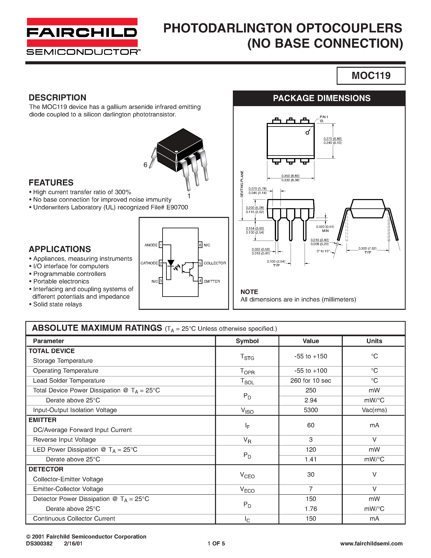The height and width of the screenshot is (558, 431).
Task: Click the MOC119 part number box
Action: pyautogui.click(x=371, y=76)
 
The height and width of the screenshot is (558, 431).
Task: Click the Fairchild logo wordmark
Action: pyautogui.click(x=82, y=32)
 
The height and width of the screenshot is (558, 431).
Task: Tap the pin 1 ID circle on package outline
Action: pyautogui.click(x=307, y=133)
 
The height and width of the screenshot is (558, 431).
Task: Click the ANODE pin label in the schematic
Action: pyautogui.click(x=151, y=245)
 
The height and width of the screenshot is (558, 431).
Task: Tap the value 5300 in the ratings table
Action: pyautogui.click(x=311, y=410)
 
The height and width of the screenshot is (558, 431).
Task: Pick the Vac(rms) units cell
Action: pyautogui.click(x=374, y=410)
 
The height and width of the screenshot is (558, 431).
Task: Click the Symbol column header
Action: pyautogui.click(x=247, y=341)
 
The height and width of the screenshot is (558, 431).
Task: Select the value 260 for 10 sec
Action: pyautogui.click(x=311, y=381)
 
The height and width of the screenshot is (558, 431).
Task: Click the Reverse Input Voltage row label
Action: pyautogui.click(x=64, y=440)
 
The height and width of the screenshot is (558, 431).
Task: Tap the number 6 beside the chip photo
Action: pyautogui.click(x=145, y=165)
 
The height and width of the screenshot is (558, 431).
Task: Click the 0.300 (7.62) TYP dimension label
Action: pyautogui.click(x=368, y=250)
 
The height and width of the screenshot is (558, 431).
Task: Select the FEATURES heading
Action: pyautogui.click(x=51, y=183)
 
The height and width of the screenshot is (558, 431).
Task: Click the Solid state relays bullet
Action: pyautogui.click(x=57, y=304)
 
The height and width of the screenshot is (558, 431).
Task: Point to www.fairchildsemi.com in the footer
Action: pyautogui.click(x=371, y=543)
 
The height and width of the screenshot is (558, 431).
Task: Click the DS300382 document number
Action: pyautogui.click(x=39, y=543)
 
